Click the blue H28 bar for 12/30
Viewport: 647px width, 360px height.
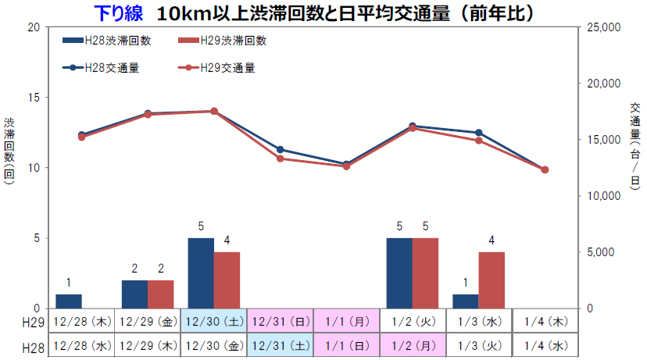[x=201, y=273]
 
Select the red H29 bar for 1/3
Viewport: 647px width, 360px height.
[x=492, y=280]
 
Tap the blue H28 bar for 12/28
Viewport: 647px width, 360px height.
[x=69, y=301]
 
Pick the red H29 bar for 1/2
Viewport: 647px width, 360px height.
[x=425, y=273]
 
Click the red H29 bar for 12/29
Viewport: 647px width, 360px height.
[x=160, y=294]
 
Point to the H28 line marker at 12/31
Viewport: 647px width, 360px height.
[x=281, y=149]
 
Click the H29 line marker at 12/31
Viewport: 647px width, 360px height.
[x=281, y=159]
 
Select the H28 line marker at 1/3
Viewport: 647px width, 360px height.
[x=478, y=133]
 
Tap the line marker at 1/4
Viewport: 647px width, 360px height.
[x=545, y=169]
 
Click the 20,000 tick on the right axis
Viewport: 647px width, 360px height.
[x=602, y=84]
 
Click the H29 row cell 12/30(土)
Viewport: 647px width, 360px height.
[x=214, y=321]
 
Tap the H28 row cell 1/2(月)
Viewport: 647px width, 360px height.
[x=413, y=344]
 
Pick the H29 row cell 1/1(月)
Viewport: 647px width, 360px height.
[x=346, y=321]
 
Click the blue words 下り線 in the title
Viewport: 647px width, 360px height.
[x=117, y=13]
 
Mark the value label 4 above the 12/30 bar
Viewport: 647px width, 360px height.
[x=227, y=240]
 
